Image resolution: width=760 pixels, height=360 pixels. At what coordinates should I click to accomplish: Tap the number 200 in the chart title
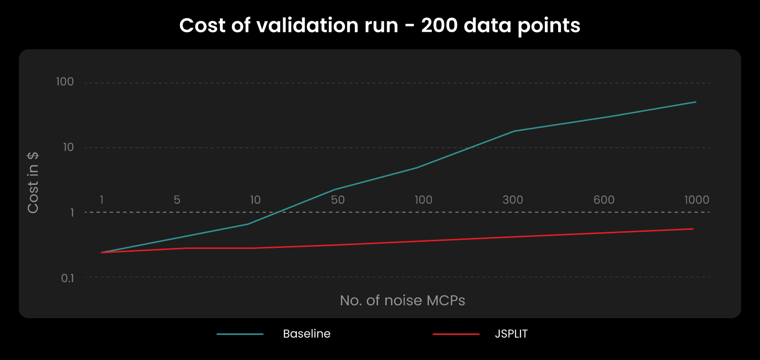[x=439, y=25]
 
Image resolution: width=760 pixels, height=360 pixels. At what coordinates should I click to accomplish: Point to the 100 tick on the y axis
[x=65, y=82]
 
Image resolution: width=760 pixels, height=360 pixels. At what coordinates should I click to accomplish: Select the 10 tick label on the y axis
[x=68, y=147]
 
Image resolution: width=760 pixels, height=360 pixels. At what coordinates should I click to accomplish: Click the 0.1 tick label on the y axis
[x=67, y=278]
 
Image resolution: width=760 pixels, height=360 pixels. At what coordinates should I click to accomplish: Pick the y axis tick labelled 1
[x=72, y=212]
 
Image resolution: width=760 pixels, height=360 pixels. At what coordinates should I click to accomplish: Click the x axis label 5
[x=177, y=200]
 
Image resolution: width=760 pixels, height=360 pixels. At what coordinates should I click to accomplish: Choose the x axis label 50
[x=338, y=200]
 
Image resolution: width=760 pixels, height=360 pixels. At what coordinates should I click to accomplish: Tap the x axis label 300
[x=513, y=200]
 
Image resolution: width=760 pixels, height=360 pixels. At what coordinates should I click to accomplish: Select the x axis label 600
[x=604, y=200]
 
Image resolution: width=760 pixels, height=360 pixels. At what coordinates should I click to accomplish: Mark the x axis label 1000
[x=696, y=200]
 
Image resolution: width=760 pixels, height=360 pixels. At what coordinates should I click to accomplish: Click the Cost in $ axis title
[x=33, y=183]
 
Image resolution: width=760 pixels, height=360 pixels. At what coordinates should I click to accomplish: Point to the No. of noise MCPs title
[x=402, y=300]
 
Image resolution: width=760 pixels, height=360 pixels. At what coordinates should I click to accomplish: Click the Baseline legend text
[x=306, y=334]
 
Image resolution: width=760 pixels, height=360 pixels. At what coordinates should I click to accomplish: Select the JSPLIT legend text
[x=511, y=334]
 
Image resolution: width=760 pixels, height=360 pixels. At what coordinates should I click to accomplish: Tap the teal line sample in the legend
[x=240, y=334]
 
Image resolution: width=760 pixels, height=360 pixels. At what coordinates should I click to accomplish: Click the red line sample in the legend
[x=456, y=334]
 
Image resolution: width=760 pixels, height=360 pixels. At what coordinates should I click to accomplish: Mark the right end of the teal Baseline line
[x=695, y=102]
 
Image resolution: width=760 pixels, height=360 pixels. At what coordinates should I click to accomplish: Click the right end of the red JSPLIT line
[x=693, y=229]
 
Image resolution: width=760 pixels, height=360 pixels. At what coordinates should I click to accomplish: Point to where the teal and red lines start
[x=102, y=252]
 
